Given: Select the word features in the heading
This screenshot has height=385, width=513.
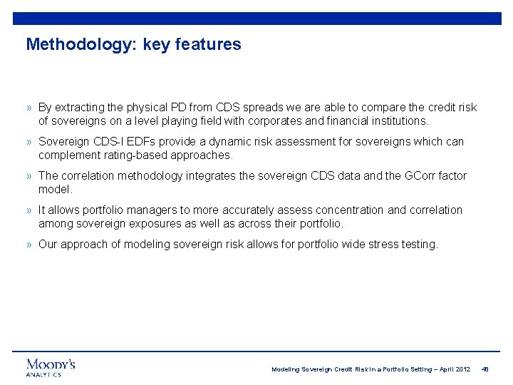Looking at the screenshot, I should (212, 45).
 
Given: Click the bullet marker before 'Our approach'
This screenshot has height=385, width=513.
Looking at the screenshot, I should (29, 245).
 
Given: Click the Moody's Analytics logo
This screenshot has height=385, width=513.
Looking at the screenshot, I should (51, 367).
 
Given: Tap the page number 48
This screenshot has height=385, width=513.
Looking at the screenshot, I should (485, 369).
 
